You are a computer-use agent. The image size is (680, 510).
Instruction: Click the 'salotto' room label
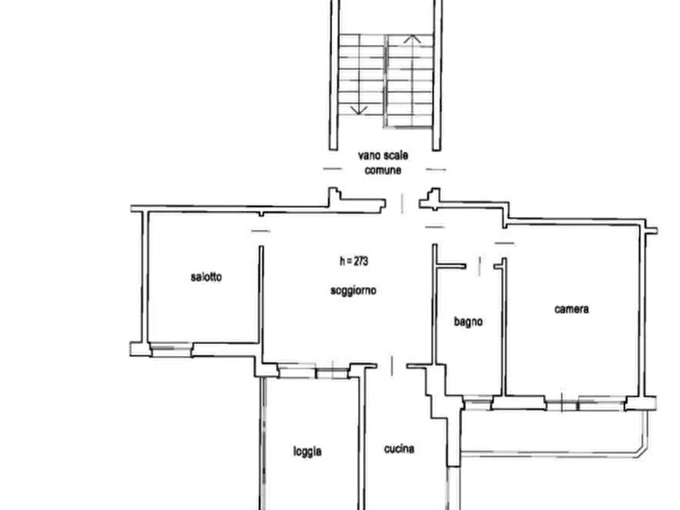point(206,276)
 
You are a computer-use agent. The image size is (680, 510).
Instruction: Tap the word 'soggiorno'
point(353,291)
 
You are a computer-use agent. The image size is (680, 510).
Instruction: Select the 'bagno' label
point(468,322)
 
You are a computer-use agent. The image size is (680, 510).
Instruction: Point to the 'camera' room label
point(572,309)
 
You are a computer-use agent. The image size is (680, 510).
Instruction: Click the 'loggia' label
point(308,451)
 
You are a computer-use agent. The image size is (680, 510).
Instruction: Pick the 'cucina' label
point(399,449)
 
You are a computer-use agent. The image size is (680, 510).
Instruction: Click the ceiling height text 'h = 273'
point(354,261)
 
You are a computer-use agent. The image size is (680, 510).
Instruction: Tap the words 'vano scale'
point(383,156)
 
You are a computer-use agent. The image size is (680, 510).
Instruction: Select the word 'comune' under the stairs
point(383,171)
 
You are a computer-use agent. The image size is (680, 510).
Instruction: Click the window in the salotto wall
point(171,349)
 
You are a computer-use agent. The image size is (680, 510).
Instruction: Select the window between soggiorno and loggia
point(314,371)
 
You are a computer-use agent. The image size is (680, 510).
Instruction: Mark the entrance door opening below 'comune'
point(403,203)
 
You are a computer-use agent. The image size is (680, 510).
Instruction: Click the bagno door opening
point(480,266)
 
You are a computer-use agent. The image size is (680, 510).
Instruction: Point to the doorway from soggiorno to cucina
point(392,365)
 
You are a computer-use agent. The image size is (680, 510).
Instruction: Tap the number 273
point(361,261)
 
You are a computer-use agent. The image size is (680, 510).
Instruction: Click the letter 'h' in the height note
point(342,261)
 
